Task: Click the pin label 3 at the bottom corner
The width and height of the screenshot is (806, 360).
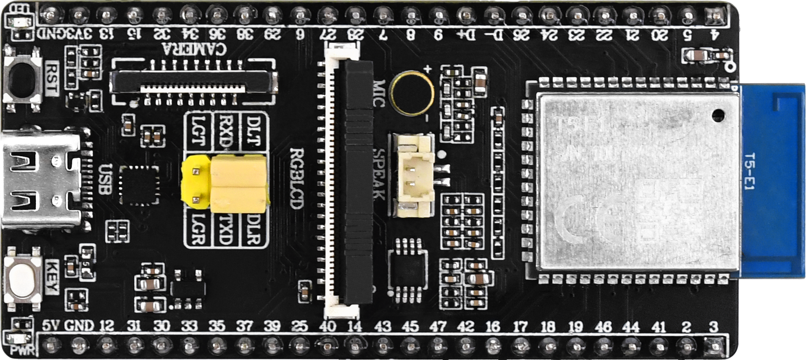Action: pyautogui.click(x=714, y=326)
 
